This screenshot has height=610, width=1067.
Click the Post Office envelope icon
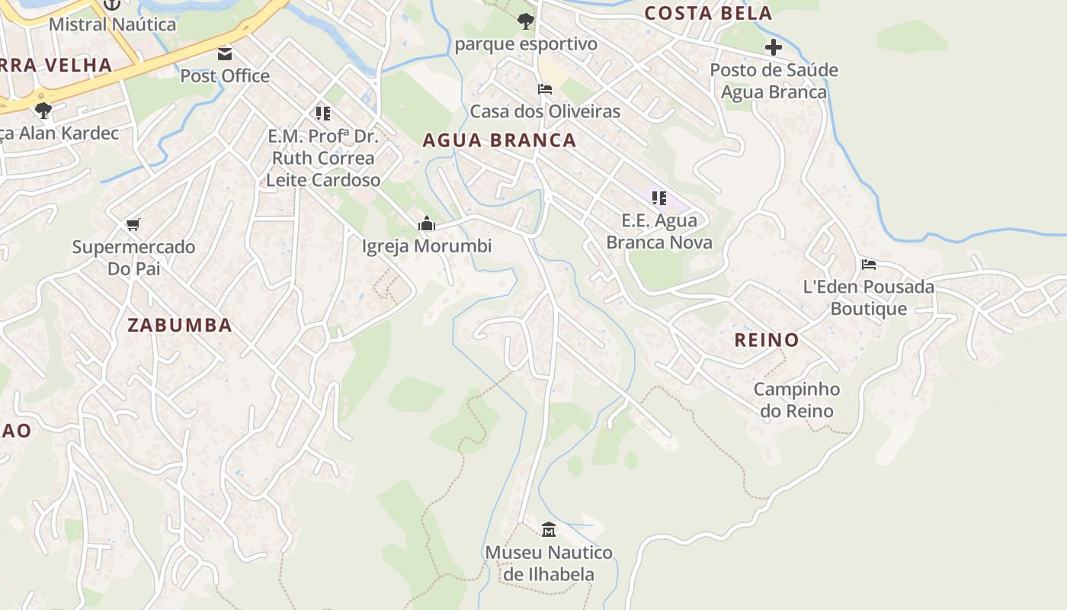point(225,53)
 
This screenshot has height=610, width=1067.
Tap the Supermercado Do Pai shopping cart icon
point(133,224)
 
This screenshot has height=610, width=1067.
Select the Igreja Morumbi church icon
point(427,224)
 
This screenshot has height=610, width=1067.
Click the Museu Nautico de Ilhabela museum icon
point(549,529)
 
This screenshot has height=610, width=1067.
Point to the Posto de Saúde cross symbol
point(774,47)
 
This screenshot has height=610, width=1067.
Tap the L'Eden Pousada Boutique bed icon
point(869,265)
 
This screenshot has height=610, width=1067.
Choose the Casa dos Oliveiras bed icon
point(545,89)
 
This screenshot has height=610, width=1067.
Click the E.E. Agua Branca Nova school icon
point(659,198)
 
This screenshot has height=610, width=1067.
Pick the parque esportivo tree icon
point(525,21)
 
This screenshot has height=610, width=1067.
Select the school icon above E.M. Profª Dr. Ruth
point(323,114)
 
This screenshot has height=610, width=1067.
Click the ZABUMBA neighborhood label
point(180,325)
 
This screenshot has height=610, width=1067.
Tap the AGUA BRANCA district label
point(499,140)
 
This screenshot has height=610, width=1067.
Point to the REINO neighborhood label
point(767,340)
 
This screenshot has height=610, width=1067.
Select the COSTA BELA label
point(708,13)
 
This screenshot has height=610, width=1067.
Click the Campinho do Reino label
point(796,400)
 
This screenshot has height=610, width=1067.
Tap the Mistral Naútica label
point(112,24)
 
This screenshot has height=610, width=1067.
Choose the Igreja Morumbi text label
point(427,246)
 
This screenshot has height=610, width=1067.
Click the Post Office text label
point(225,75)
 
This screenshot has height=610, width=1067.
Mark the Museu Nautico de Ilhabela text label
point(549,563)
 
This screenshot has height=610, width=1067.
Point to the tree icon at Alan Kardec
point(43,110)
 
